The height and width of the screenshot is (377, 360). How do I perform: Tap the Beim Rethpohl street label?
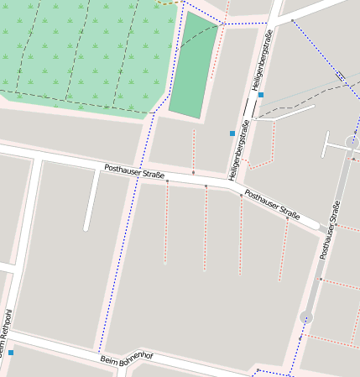pos(7,332)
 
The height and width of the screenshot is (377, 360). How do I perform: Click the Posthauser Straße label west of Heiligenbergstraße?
pos(134,171)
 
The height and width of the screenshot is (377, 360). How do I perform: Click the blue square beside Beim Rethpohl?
pos(11,353)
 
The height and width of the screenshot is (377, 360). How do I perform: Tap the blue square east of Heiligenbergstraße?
pos(261,95)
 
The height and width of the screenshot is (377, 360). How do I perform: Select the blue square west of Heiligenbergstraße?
pos(232,134)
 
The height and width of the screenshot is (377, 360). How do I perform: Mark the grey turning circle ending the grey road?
pos(306,317)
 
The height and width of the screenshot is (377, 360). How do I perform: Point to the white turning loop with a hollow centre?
pos(351,143)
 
